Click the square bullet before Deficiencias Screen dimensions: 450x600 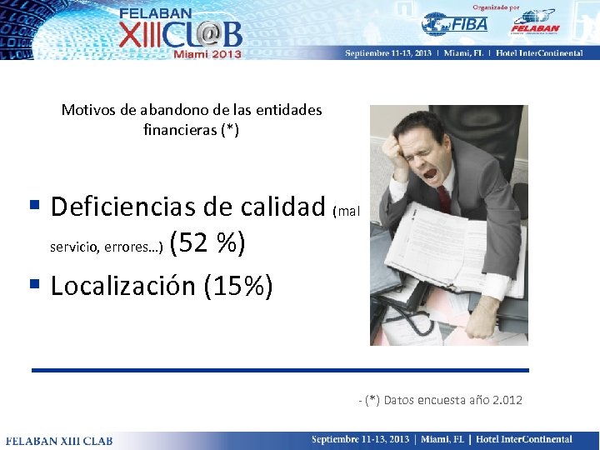coord(35,203)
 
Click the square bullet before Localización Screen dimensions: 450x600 coord(35,283)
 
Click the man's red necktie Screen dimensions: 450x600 coord(442,199)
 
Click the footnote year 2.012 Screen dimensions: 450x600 coord(507,400)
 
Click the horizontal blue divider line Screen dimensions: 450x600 coord(280,370)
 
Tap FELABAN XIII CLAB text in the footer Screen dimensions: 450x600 coord(49,440)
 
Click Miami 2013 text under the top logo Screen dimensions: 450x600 coord(207,54)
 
